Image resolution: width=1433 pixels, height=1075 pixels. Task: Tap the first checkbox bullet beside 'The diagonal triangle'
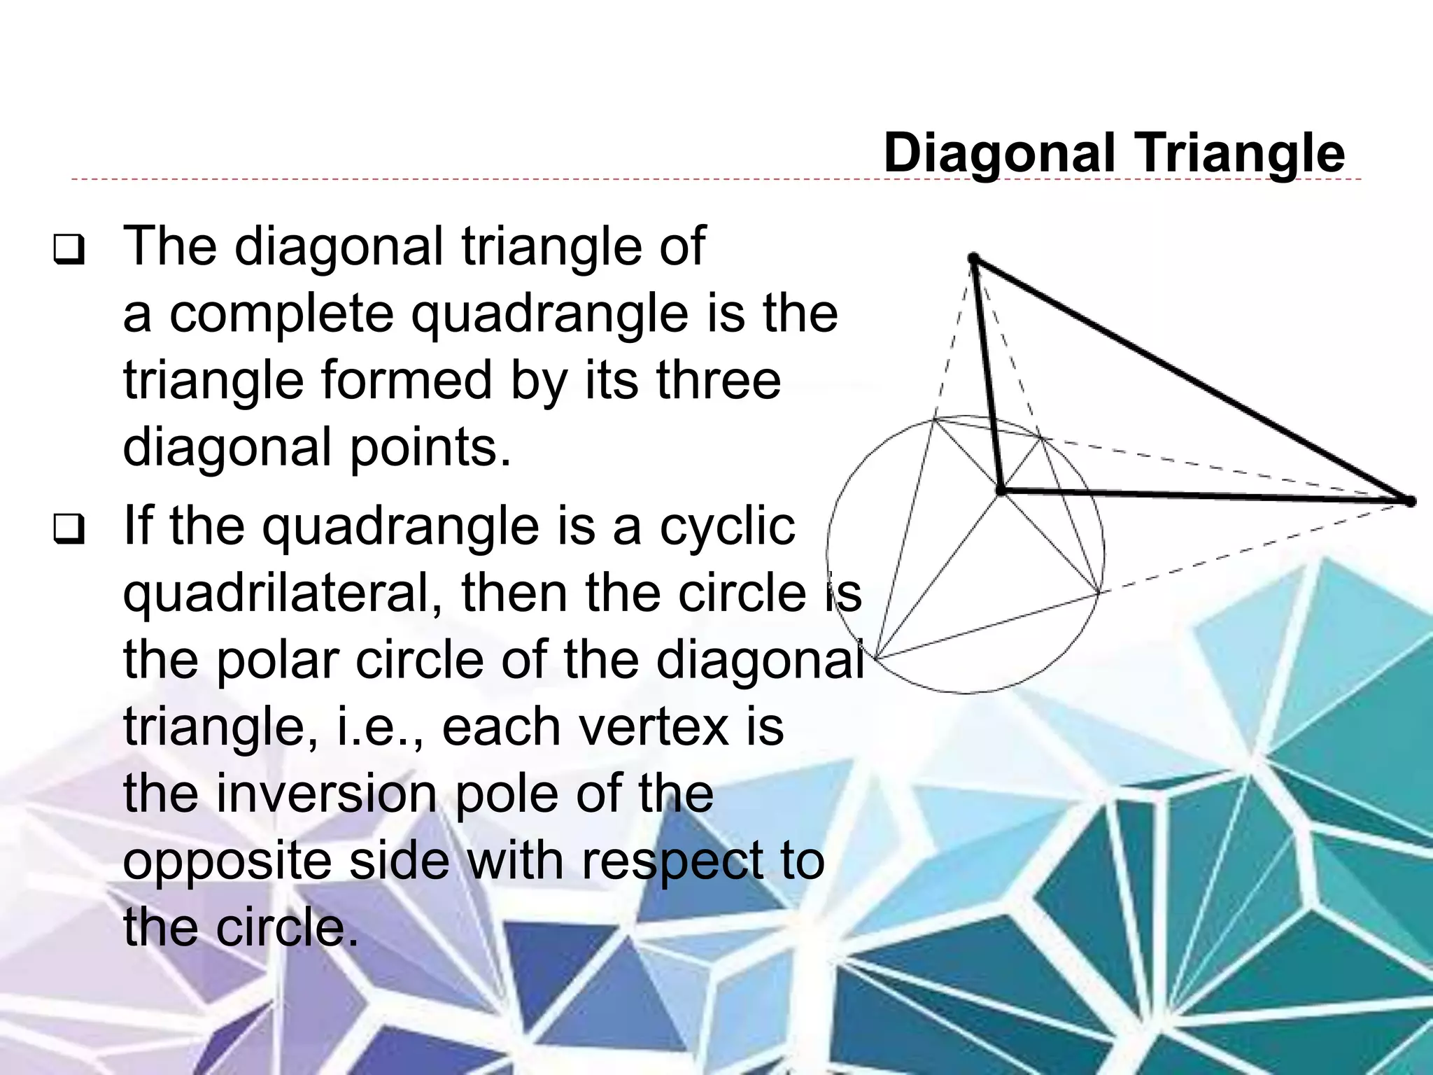(x=69, y=251)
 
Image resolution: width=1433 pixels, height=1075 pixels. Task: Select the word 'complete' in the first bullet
(x=282, y=314)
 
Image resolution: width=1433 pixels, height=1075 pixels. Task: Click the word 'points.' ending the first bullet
(x=430, y=449)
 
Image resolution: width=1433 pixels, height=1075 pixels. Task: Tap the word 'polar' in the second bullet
(x=278, y=661)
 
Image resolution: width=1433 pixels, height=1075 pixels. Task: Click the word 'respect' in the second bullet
(x=672, y=862)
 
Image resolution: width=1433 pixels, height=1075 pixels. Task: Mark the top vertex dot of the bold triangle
(x=973, y=258)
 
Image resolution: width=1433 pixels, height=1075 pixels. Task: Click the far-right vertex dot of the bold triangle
(x=1410, y=501)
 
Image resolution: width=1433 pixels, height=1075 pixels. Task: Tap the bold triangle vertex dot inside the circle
(x=1001, y=492)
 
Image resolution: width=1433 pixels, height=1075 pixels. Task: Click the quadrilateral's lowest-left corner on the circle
(x=876, y=658)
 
